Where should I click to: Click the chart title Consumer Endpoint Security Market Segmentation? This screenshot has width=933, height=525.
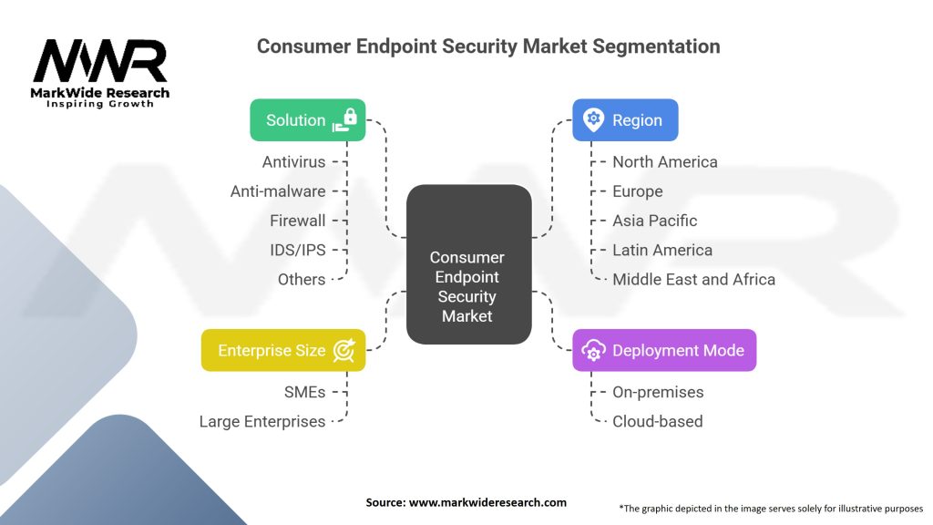487,46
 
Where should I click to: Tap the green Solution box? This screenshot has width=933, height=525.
307,120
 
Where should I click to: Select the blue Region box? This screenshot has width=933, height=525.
624,120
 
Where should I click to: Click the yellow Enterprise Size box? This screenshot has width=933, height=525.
283,350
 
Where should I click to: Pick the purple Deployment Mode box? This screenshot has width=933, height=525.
664,350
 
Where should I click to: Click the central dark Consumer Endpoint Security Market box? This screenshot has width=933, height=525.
467,264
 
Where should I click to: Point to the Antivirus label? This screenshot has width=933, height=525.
293,162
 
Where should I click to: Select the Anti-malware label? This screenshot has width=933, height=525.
278,191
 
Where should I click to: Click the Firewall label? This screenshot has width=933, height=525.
297,221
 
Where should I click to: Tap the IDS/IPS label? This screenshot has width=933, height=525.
299,250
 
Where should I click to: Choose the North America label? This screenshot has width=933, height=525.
664,162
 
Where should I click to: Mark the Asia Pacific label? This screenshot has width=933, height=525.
654,221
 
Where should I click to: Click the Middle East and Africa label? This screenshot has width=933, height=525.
693,279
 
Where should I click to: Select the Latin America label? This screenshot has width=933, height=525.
662,250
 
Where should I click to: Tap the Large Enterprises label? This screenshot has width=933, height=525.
262,421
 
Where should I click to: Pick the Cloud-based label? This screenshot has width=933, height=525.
657,421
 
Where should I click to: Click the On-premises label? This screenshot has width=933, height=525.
658,392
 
